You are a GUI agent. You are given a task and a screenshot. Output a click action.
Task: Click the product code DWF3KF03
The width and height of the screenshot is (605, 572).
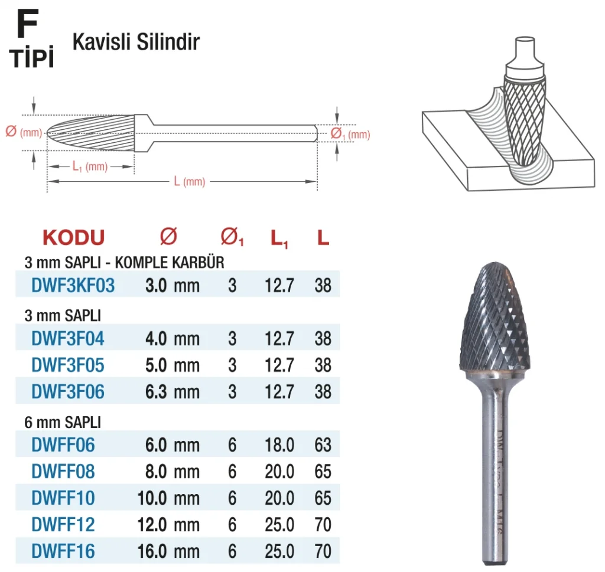tap(73, 286)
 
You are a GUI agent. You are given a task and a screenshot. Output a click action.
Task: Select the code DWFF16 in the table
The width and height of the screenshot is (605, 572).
tap(63, 551)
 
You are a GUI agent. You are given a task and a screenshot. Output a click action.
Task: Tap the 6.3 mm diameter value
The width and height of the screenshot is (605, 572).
tap(173, 392)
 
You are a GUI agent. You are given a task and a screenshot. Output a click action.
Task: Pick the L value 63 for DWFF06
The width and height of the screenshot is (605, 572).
tap(323, 445)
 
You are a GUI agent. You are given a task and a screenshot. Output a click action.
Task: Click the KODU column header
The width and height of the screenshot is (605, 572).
tap(74, 237)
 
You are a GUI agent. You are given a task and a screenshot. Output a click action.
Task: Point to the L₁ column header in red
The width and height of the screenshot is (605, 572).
tap(279, 239)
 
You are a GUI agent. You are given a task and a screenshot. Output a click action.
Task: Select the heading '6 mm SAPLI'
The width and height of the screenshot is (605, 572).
tap(63, 423)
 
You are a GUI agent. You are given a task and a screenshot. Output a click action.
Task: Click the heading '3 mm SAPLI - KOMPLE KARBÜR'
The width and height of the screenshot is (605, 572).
tap(124, 263)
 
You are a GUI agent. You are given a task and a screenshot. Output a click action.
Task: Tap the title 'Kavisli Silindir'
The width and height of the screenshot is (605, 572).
tap(136, 42)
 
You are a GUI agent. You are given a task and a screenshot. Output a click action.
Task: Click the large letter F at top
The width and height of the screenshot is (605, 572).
tap(27, 24)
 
